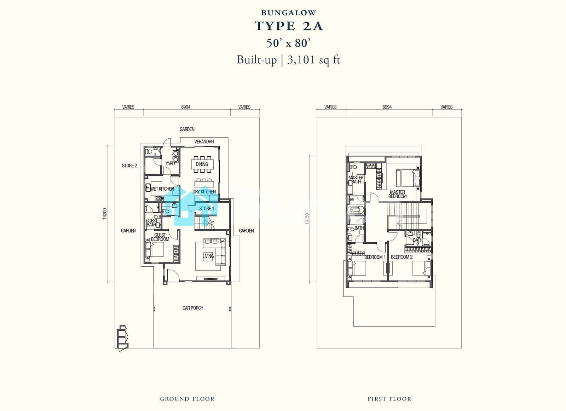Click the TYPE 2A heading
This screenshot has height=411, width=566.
(x=289, y=26)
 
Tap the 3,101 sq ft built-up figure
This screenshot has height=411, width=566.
(x=313, y=60)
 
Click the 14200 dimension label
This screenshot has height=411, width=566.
(x=105, y=214)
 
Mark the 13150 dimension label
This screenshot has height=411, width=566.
(x=307, y=219)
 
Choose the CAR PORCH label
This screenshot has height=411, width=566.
(x=193, y=308)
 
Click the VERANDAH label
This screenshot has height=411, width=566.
(x=204, y=141)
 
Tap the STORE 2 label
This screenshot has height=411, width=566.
(x=129, y=166)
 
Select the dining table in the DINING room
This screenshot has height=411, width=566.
(x=202, y=164)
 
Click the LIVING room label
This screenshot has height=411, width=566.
(x=208, y=256)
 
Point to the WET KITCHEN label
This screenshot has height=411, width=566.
(x=162, y=189)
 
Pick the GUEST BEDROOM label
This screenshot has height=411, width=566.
(x=160, y=237)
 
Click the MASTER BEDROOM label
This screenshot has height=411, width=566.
(x=398, y=194)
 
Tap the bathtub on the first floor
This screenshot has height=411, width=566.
(x=356, y=210)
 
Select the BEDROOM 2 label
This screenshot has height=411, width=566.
(x=402, y=257)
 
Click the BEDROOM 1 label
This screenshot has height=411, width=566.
(x=375, y=257)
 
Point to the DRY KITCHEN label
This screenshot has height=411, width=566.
(x=204, y=192)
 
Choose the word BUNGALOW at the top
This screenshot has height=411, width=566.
(x=289, y=13)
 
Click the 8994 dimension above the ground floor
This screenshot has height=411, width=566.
(x=186, y=107)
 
